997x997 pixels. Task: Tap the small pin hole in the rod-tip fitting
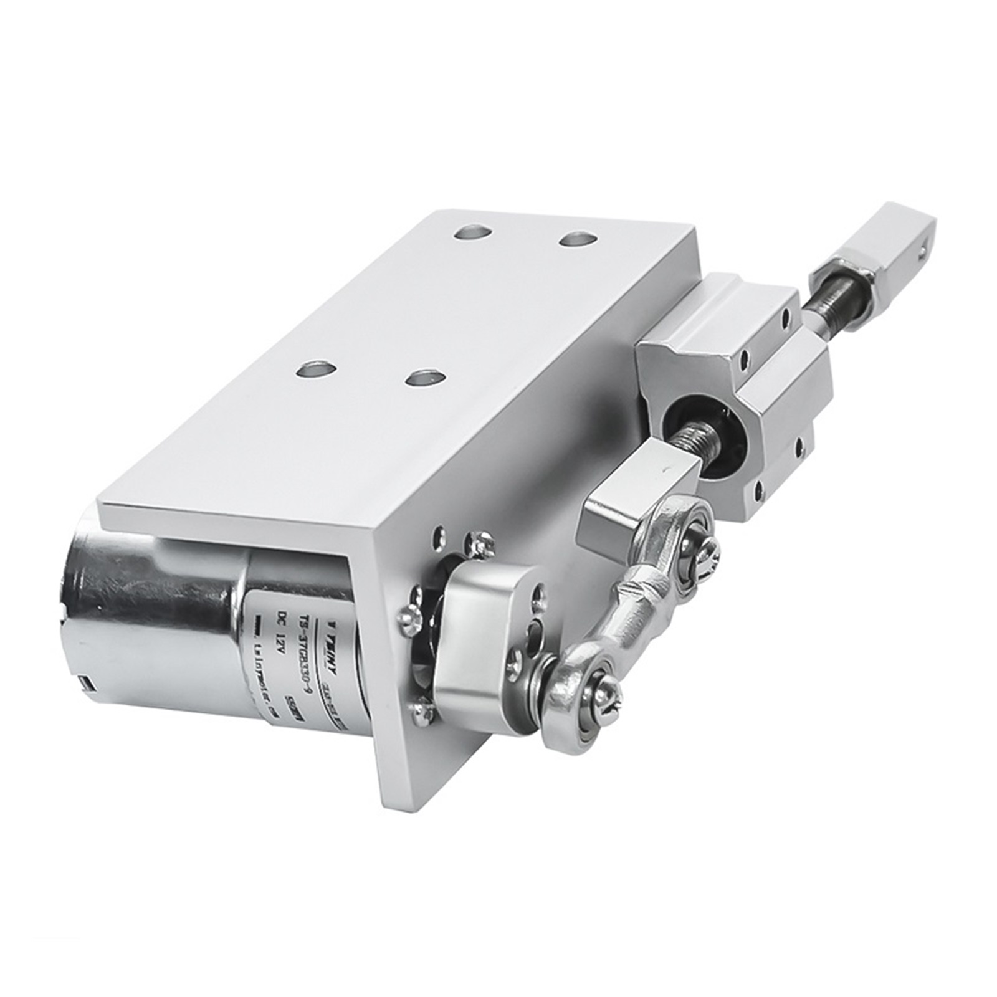(920, 252)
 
